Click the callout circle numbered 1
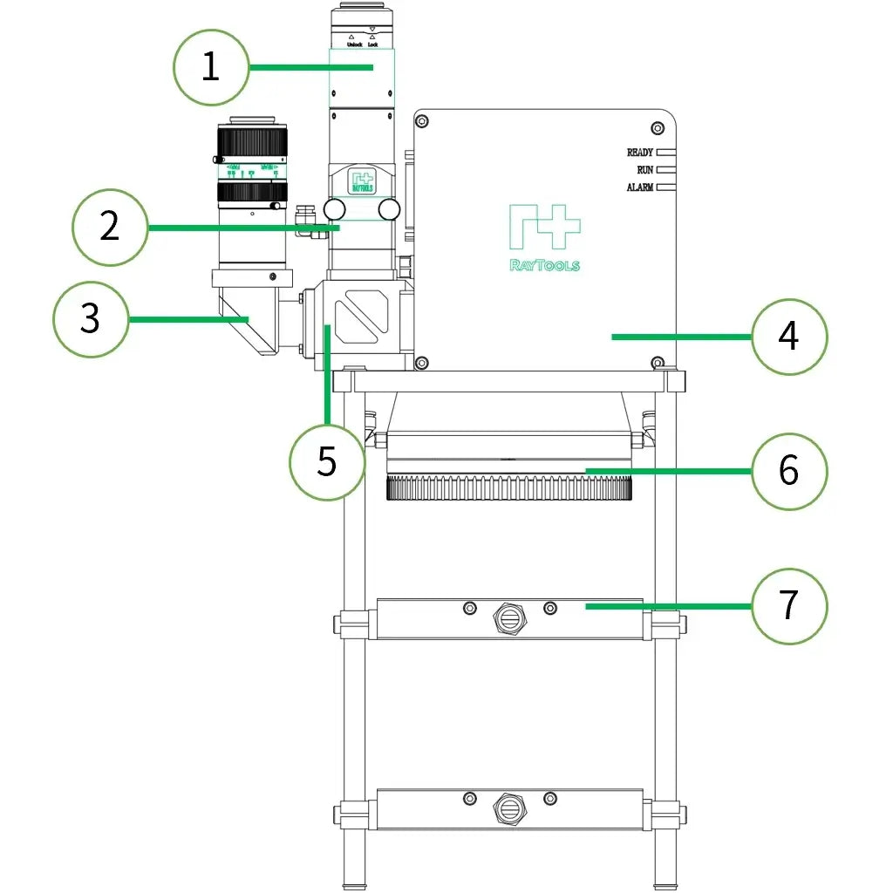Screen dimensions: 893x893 click(210, 67)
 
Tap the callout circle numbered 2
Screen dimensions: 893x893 click(109, 227)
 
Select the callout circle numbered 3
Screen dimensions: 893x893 click(91, 319)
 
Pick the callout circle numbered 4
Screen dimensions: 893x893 click(788, 337)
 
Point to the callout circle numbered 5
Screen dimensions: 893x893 click(326, 462)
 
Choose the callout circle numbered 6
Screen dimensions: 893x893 click(788, 471)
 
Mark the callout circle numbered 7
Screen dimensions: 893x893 click(788, 606)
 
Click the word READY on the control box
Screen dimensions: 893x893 click(639, 153)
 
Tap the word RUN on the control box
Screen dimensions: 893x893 click(644, 170)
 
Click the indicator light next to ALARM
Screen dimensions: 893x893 click(667, 187)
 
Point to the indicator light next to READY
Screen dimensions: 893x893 click(667, 153)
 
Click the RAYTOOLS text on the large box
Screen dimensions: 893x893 click(544, 265)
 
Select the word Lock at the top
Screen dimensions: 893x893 click(372, 44)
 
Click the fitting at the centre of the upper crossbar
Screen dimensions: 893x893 click(509, 618)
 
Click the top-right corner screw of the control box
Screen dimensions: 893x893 click(658, 128)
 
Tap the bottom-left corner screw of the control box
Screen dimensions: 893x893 click(422, 363)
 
